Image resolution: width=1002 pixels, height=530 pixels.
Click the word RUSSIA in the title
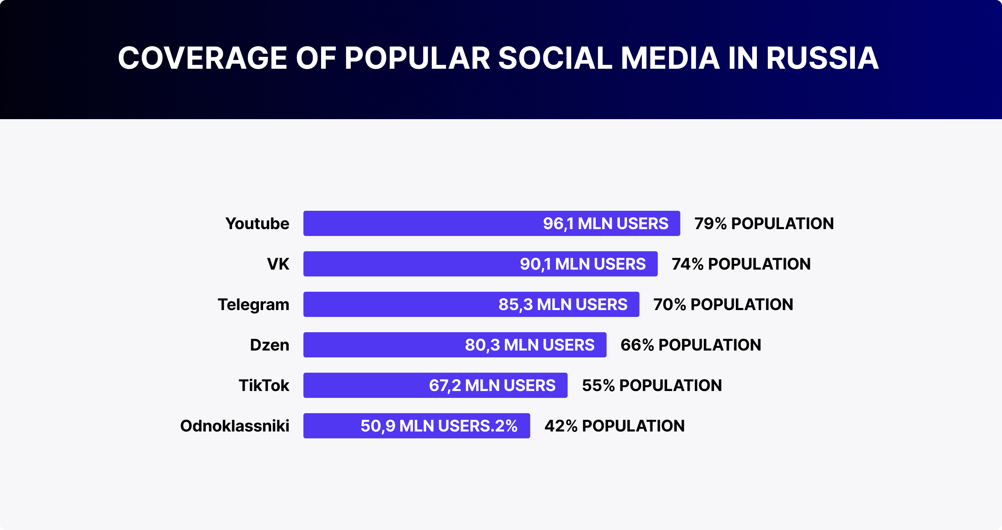(822, 58)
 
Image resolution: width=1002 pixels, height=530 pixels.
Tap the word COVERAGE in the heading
(202, 58)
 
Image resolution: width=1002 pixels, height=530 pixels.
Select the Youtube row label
(257, 224)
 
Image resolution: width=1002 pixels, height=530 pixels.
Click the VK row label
(278, 264)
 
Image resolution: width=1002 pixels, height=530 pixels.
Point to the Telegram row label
(253, 304)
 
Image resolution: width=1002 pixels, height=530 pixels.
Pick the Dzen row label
(269, 345)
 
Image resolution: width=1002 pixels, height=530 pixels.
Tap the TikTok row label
(264, 385)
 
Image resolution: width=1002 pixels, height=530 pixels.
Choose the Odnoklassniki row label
(234, 426)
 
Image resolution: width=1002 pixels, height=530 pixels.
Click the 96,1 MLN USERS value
(605, 224)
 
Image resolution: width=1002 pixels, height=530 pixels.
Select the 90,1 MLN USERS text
(582, 264)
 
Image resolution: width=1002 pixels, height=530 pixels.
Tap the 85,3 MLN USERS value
(562, 304)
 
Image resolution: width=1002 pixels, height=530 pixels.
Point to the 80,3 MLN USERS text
(529, 345)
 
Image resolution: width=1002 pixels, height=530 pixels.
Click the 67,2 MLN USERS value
(492, 385)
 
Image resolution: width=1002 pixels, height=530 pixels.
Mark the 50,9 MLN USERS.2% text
(439, 426)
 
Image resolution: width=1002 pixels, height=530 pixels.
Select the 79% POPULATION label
(764, 224)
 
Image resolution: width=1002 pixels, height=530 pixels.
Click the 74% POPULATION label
(741, 264)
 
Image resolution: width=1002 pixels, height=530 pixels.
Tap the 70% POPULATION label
(723, 304)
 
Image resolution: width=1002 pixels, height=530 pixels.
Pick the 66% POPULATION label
(690, 345)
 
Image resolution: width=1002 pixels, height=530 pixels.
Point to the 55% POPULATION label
(651, 385)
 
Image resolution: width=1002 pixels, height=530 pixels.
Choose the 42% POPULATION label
(614, 426)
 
